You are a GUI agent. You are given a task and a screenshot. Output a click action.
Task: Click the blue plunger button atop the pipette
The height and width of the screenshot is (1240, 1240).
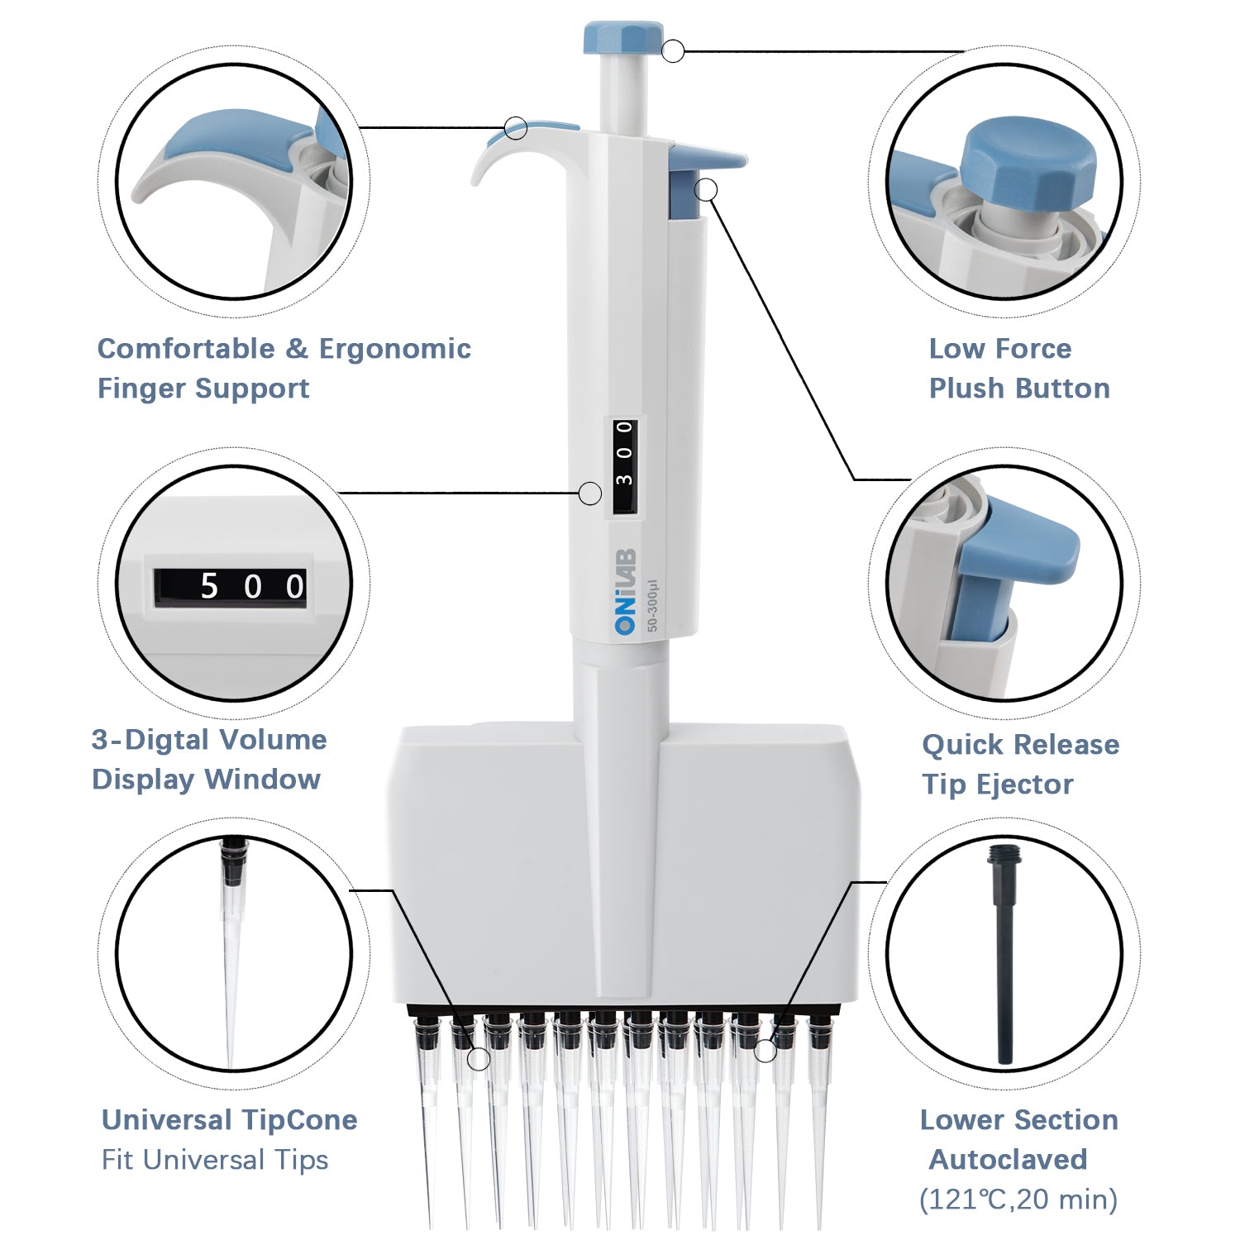[x=622, y=39]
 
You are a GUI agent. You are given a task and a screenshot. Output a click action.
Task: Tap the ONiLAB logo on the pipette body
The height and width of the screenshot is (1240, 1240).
[x=626, y=591]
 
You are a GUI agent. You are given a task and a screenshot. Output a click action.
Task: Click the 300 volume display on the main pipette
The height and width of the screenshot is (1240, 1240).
[x=625, y=465]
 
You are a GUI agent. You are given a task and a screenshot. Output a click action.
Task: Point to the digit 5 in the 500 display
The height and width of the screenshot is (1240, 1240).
[x=209, y=587]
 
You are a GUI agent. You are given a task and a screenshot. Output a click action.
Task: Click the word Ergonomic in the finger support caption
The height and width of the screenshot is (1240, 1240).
[x=394, y=349]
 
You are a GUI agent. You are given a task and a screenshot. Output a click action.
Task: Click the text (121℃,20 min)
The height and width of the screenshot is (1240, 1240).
[x=1018, y=1199]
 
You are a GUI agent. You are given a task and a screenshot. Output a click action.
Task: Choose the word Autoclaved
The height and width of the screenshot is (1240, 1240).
[x=1008, y=1159]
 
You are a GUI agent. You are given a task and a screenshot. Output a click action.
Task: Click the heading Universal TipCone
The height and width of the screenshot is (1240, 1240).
[x=229, y=1120]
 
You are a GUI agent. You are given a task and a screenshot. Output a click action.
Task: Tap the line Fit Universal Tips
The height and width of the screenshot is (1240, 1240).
[x=215, y=1160]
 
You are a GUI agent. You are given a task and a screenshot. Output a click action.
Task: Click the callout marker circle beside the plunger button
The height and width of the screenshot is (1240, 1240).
[x=673, y=51]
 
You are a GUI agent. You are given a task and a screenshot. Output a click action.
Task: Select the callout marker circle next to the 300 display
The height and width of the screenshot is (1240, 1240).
[x=589, y=494]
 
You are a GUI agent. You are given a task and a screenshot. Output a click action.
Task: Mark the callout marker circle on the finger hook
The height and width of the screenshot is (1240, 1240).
[x=516, y=128]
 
